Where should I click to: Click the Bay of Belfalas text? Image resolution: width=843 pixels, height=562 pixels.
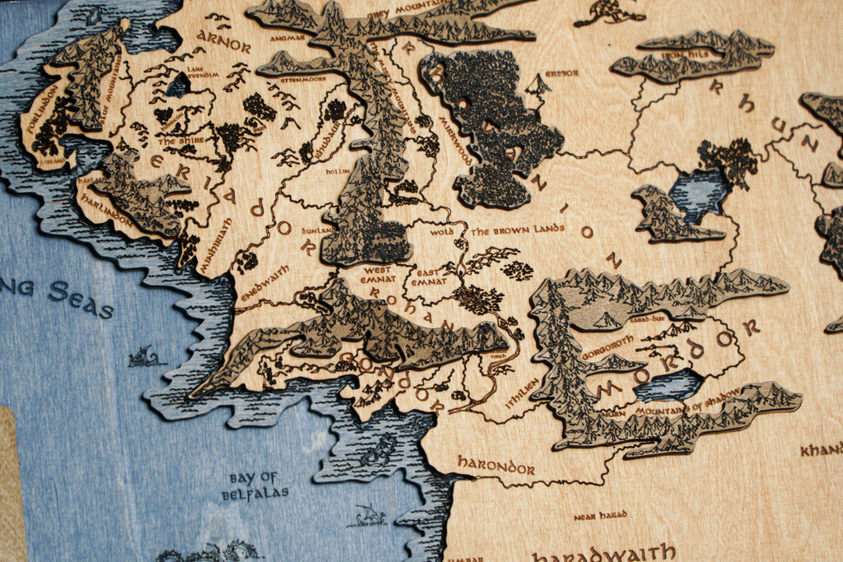[254, 485]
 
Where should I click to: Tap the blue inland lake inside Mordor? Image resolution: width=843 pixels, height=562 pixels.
[668, 384]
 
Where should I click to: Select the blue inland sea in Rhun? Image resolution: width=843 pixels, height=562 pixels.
[696, 193]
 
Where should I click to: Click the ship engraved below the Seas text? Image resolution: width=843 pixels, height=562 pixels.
[145, 356]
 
